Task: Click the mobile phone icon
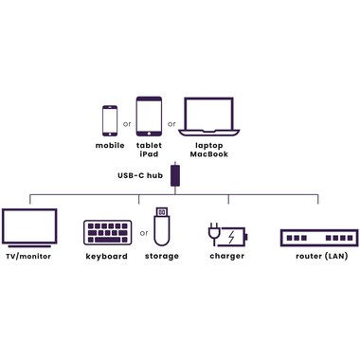coord(110,119)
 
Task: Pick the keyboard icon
coord(107,232)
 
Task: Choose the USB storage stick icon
coord(162,225)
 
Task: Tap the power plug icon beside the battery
coord(214,233)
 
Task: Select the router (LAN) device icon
coord(318,236)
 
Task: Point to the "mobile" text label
coord(110,145)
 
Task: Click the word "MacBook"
coord(208,153)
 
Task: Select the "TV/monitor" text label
coord(28,256)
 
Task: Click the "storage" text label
coord(162,256)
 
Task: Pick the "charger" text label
coord(226,256)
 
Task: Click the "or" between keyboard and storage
coord(144,232)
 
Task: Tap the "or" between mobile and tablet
coord(127,122)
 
